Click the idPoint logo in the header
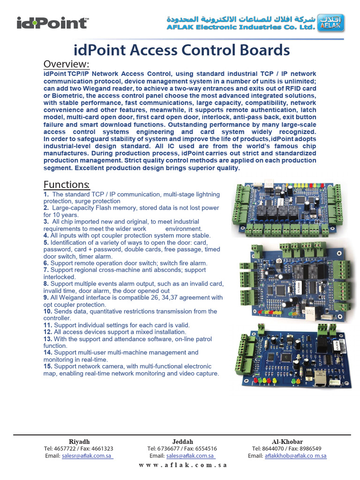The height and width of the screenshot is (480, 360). (x=52, y=23)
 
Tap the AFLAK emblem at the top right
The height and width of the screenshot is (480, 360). (x=330, y=23)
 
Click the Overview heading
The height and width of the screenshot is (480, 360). (x=66, y=64)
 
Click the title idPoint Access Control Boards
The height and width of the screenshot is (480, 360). (x=182, y=50)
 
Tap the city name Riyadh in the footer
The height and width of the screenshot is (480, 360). (x=79, y=442)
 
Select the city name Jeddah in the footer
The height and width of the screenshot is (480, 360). (x=182, y=442)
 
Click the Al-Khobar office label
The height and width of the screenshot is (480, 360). (x=287, y=442)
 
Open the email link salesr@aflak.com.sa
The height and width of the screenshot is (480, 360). (x=87, y=456)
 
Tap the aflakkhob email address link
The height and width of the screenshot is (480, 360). (x=296, y=456)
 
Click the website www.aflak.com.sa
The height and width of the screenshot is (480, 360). (x=183, y=465)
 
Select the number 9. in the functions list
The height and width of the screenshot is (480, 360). (x=46, y=297)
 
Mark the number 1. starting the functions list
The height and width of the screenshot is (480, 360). (x=46, y=194)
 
